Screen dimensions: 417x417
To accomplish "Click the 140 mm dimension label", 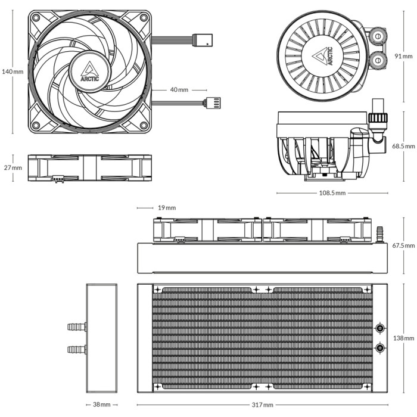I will point(12,71).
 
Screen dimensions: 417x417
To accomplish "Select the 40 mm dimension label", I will point(179,90).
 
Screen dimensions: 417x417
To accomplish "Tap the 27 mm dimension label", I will point(13,168).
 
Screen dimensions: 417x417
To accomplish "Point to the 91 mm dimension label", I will point(403,56).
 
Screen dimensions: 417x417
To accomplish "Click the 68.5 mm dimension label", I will point(403,145).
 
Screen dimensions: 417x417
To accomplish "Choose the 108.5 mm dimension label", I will point(332,194).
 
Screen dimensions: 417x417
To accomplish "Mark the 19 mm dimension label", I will point(167,208).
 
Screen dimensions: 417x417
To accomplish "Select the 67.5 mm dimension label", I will point(403,245).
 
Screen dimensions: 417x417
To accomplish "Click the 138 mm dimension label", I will point(403,338).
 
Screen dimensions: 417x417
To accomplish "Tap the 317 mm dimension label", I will point(262,405).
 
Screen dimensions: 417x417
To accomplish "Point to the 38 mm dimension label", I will point(101,405).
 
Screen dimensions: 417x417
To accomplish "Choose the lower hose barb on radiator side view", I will point(76,348).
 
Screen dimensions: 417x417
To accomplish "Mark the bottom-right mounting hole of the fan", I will point(142,125).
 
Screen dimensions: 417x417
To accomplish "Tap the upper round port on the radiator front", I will point(380,328).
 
